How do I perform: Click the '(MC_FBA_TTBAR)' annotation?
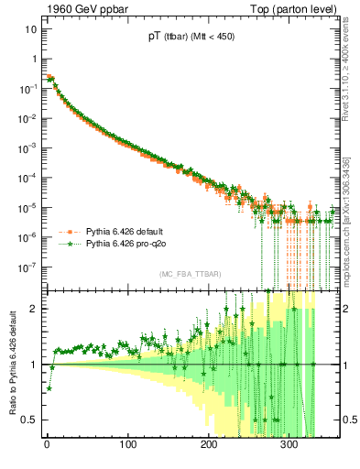click(189, 274)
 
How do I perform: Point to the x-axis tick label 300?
click(289, 447)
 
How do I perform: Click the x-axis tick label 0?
click(47, 447)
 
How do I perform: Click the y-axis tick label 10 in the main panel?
click(29, 29)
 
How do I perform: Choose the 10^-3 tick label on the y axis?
click(27, 147)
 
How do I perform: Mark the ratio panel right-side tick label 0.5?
click(348, 420)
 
